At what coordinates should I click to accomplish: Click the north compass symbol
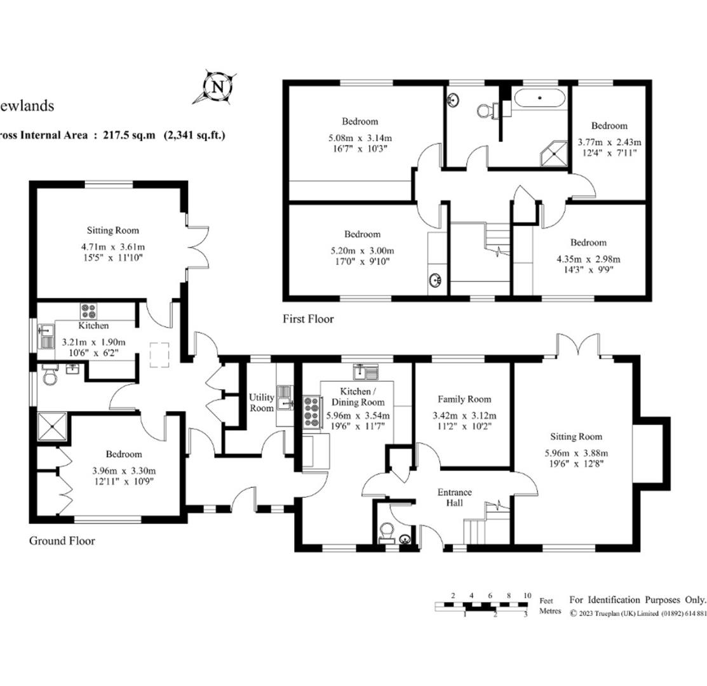pyautogui.click(x=217, y=87)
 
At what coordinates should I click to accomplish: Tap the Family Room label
pyautogui.click(x=464, y=400)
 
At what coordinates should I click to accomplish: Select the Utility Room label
pyautogui.click(x=260, y=402)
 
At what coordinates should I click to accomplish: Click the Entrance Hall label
pyautogui.click(x=454, y=497)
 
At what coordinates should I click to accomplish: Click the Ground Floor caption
pyautogui.click(x=62, y=541)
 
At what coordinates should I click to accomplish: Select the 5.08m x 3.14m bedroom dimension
pyautogui.click(x=360, y=138)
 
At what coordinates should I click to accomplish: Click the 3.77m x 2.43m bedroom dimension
pyautogui.click(x=609, y=142)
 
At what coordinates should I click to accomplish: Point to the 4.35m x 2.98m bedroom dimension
pyautogui.click(x=588, y=259)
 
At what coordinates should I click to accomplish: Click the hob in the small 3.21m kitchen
pyautogui.click(x=88, y=311)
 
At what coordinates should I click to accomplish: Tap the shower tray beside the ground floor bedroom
pyautogui.click(x=53, y=427)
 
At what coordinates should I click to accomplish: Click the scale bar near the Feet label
pyautogui.click(x=482, y=606)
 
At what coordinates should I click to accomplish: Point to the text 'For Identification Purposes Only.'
pyautogui.click(x=637, y=600)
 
